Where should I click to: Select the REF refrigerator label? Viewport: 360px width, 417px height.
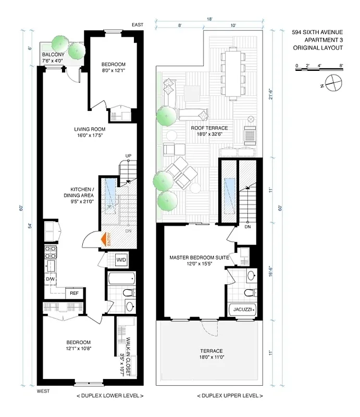tap(74, 293)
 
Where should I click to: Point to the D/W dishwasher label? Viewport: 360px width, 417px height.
tap(50, 279)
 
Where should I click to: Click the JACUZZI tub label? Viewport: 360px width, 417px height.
tap(243, 310)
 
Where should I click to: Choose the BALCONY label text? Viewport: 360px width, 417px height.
tap(53, 55)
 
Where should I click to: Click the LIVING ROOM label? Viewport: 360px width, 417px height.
tap(89, 129)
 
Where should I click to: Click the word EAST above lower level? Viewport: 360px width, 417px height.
tap(138, 25)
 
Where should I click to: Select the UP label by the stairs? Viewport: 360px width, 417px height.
tap(128, 156)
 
